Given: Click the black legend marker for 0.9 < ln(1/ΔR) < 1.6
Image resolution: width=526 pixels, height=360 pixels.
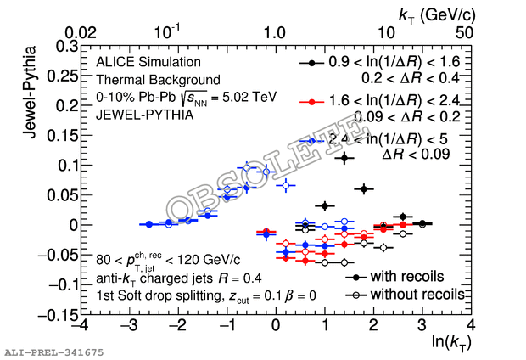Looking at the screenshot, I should [x=312, y=63].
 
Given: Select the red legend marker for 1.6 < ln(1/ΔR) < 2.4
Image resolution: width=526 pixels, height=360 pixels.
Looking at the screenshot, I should [x=312, y=102].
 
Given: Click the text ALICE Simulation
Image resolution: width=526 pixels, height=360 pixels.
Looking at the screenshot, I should [x=148, y=62].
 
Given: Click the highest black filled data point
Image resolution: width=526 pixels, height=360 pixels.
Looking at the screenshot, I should [x=344, y=158].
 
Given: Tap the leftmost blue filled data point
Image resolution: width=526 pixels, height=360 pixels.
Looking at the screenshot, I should [x=149, y=224].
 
